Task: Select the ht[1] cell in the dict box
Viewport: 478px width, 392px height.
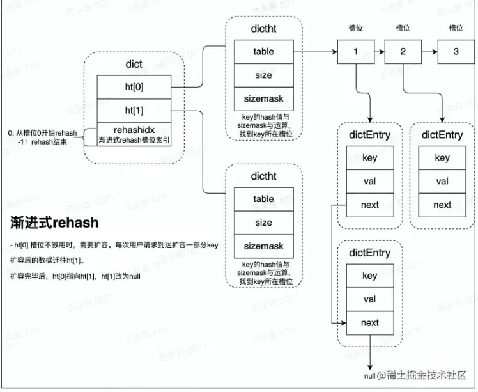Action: point(134,111)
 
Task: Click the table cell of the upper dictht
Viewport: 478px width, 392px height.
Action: point(263,52)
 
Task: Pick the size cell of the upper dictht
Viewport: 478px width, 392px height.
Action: point(263,75)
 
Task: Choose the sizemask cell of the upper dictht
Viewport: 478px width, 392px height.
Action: point(263,99)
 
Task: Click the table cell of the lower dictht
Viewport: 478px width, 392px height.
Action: point(263,199)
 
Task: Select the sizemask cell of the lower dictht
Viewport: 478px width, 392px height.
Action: point(263,246)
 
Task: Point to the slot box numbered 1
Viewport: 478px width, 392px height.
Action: point(355,52)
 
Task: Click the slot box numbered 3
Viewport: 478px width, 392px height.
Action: point(456,52)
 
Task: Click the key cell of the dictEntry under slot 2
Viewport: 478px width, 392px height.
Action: point(442,158)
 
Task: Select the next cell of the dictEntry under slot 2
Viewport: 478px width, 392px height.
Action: point(442,205)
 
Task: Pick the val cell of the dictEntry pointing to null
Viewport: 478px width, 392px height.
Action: point(369,299)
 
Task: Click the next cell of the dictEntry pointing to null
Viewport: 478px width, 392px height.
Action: point(369,323)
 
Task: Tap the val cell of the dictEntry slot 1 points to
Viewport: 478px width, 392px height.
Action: point(369,182)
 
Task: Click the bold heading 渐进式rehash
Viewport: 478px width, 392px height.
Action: point(55,223)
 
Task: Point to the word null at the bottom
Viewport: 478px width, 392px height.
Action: point(369,375)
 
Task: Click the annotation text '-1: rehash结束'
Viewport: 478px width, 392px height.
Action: point(48,142)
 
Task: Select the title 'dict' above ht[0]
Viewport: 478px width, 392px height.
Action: point(134,65)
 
